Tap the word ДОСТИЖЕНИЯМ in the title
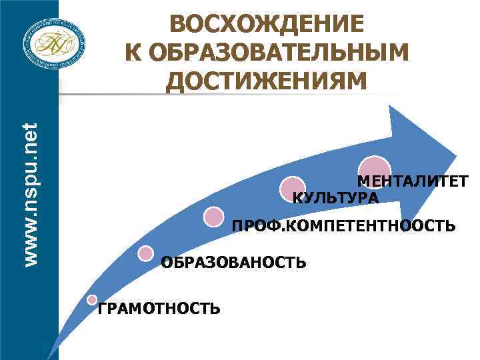(x=267, y=81)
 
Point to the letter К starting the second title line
(x=131, y=53)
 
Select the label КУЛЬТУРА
(x=336, y=198)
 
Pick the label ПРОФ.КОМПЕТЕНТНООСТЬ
(x=343, y=227)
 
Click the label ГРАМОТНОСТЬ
(x=159, y=308)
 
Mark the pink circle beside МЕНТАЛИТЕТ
(x=375, y=169)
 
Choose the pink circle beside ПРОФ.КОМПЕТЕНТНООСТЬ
(x=214, y=217)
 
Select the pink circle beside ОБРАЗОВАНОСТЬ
(x=145, y=253)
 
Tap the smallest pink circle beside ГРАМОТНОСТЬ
(x=93, y=299)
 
